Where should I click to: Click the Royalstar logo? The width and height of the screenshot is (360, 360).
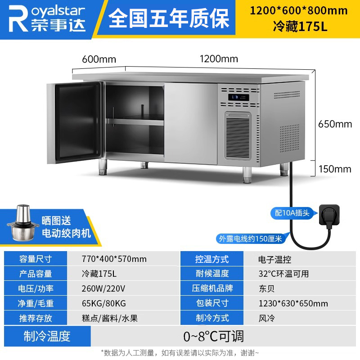pyautogui.click(x=47, y=18)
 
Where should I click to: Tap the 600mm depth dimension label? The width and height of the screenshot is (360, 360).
pyautogui.click(x=99, y=59)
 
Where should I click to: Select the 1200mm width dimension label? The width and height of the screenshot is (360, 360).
pyautogui.click(x=219, y=59)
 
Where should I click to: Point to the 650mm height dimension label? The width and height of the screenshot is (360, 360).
pyautogui.click(x=335, y=124)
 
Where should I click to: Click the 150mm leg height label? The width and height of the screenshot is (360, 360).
pyautogui.click(x=335, y=169)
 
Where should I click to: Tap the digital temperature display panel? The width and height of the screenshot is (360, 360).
pyautogui.click(x=238, y=97)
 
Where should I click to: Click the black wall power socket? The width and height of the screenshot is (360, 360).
pyautogui.click(x=329, y=215)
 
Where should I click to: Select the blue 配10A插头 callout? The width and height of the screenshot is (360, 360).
pyautogui.click(x=292, y=213)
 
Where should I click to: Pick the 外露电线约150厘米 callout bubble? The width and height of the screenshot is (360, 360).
pyautogui.click(x=250, y=239)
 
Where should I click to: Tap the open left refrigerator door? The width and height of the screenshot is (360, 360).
pyautogui.click(x=75, y=123)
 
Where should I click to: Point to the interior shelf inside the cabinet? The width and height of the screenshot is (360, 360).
pyautogui.click(x=135, y=121)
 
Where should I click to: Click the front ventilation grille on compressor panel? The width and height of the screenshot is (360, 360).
pyautogui.click(x=238, y=136)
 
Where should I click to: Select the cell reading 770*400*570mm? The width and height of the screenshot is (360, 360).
pyautogui.click(x=114, y=259)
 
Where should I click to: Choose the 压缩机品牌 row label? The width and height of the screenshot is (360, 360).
pyautogui.click(x=212, y=288)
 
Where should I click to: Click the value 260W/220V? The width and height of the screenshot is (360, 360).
pyautogui.click(x=103, y=288)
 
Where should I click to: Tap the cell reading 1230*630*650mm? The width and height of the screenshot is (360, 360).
pyautogui.click(x=293, y=303)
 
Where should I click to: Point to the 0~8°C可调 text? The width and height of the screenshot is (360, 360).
pyautogui.click(x=213, y=336)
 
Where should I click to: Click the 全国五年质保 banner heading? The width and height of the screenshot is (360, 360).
pyautogui.click(x=169, y=18)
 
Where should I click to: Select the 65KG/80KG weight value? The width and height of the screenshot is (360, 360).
pyautogui.click(x=104, y=303)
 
